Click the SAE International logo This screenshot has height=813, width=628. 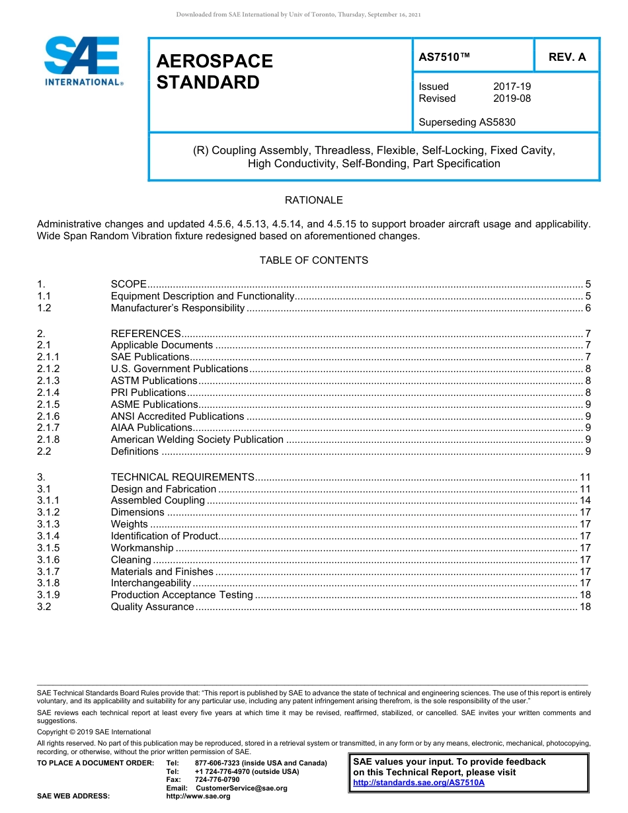82,61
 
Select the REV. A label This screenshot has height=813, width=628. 567,57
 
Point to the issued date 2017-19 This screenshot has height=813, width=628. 512,87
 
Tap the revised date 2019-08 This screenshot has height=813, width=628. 512,98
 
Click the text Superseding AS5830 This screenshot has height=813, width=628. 467,122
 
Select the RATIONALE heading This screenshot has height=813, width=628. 313,200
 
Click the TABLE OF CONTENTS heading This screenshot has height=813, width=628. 313,260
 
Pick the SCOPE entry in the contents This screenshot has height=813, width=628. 128,284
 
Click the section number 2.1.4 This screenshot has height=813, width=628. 48,393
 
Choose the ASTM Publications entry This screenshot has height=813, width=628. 154,381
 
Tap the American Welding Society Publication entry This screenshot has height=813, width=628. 197,440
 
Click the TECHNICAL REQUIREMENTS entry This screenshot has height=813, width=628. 182,477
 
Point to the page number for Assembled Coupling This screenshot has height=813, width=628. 584,500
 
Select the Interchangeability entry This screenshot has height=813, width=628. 151,583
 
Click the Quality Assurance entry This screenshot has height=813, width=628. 152,607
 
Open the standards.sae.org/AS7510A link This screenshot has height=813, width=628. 418,783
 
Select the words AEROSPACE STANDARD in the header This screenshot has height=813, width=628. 214,71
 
